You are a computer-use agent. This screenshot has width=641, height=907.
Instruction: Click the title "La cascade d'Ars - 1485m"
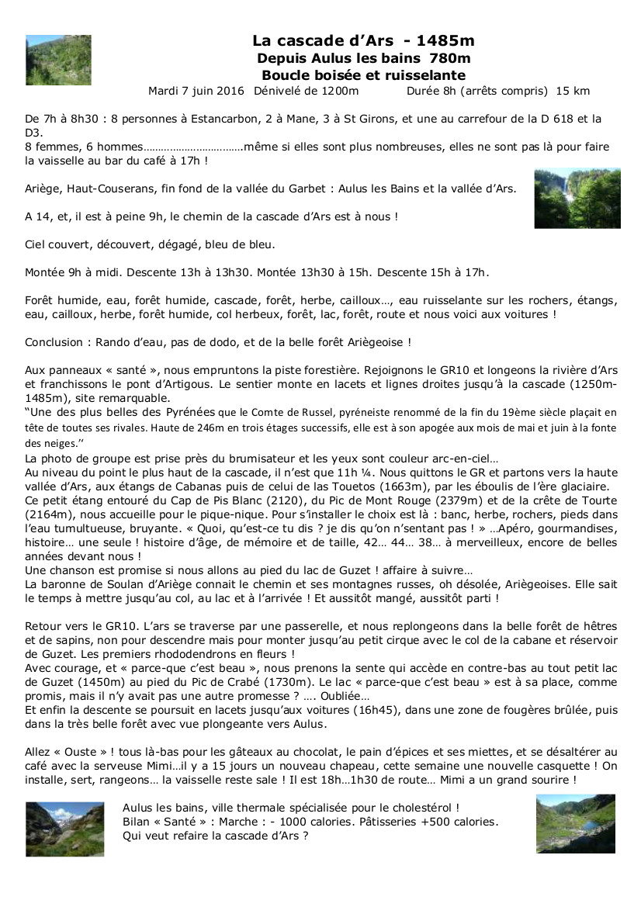click(363, 41)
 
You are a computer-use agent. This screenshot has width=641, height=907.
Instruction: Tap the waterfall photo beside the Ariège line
click(577, 198)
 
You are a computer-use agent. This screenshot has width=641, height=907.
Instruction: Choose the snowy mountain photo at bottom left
click(64, 829)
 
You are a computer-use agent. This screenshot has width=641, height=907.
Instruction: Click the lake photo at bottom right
click(575, 823)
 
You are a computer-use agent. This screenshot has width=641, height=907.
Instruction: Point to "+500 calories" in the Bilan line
click(459, 822)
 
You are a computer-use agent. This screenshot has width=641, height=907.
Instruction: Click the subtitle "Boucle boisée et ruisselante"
click(363, 75)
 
